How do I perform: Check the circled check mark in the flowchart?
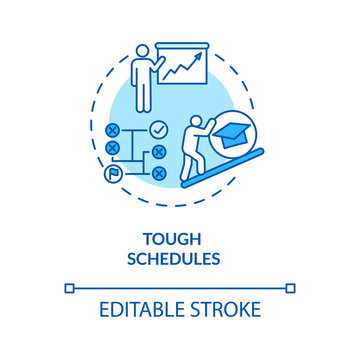pos(157,130)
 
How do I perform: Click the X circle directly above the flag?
pos(112,148)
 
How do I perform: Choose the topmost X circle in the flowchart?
pos(112,130)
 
